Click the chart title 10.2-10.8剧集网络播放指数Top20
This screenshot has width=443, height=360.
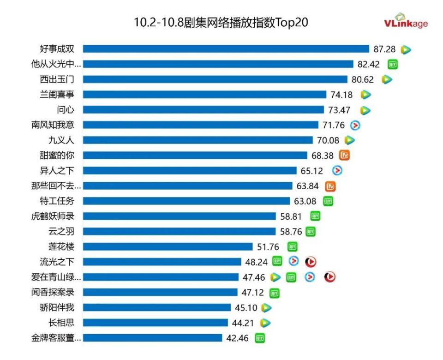221,23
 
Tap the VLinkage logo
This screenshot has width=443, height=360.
406,22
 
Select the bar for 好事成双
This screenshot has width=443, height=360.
226,49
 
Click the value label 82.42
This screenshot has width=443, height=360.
368,64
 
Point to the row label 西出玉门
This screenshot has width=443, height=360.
57,79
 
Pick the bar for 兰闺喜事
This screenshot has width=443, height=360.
204,95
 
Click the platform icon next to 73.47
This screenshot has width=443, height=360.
365,110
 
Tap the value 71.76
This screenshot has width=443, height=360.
334,125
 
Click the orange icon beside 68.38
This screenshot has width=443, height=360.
344,155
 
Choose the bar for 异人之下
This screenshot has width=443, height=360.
190,171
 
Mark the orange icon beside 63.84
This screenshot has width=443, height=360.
330,186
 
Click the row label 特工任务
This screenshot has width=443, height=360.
57,201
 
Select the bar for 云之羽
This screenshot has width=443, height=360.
180,232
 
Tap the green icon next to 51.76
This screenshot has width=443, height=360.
292,246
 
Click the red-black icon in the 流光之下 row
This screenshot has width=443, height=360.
311,262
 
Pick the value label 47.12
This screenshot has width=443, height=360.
252,292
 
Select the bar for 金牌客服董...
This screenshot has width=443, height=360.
153,338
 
